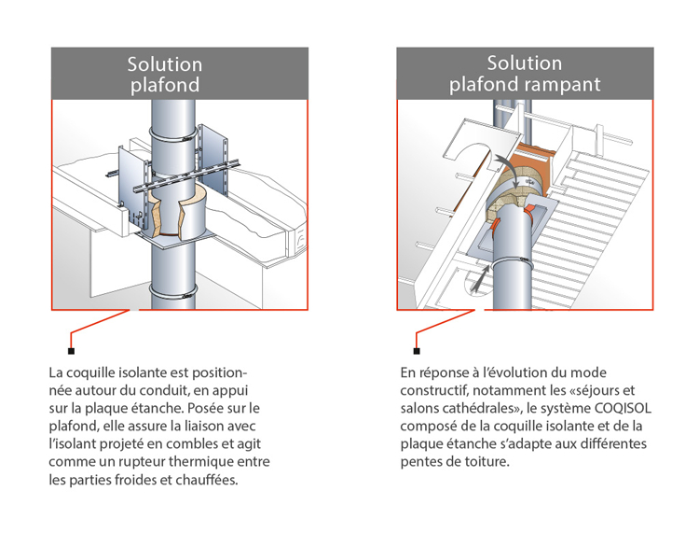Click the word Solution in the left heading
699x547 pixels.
click(x=164, y=64)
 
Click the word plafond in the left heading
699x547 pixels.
click(x=164, y=86)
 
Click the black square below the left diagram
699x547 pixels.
click(x=71, y=351)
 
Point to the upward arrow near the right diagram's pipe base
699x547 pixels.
click(x=478, y=277)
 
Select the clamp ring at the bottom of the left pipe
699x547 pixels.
click(x=174, y=292)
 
